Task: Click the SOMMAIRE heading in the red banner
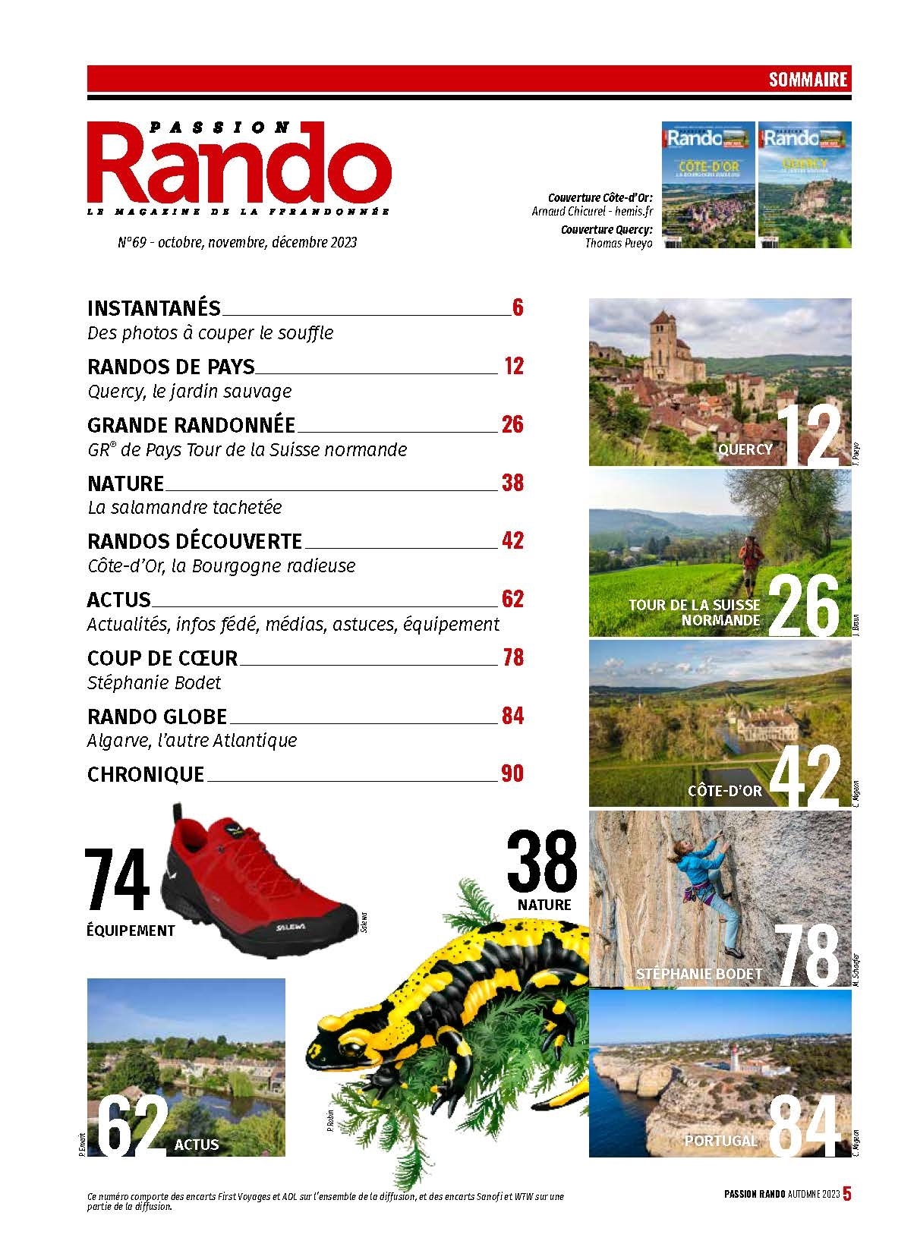808,79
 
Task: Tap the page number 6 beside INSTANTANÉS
518,308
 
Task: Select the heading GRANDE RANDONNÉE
191,425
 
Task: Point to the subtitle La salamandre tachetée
184,507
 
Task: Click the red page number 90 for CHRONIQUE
512,774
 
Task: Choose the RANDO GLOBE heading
157,716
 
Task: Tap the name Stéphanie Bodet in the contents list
154,682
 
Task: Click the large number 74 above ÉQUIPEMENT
118,880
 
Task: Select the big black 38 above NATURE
542,862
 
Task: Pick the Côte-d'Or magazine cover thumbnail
708,184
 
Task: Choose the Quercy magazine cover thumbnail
805,184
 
